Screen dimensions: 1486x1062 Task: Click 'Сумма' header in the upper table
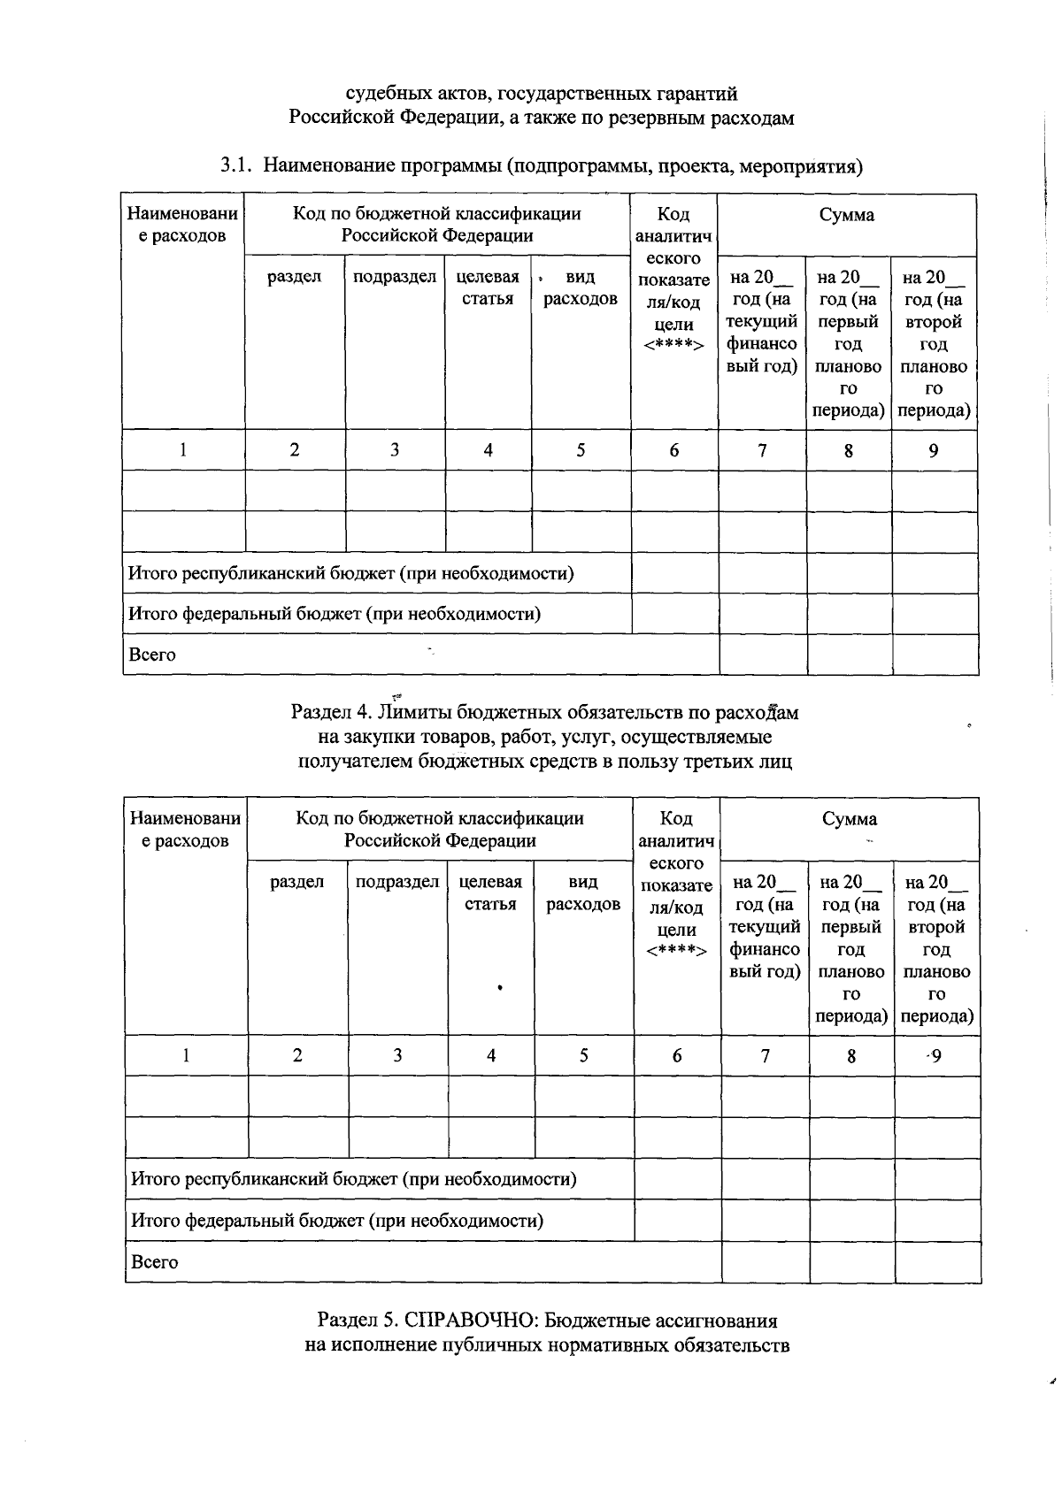point(846,215)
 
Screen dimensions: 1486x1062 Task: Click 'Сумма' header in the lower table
point(849,819)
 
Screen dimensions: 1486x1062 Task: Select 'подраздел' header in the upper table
point(395,277)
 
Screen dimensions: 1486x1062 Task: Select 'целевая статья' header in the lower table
point(490,892)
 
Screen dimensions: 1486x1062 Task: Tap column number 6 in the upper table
point(674,450)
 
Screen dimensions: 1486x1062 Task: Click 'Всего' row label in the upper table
point(152,655)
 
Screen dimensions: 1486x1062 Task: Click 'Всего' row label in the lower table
point(155,1262)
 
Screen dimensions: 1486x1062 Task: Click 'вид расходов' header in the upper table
point(580,287)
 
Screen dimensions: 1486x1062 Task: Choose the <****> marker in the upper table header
point(673,346)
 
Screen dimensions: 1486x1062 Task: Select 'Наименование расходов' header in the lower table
point(186,830)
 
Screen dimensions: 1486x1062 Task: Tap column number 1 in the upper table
point(183,450)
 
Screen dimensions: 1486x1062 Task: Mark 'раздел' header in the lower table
point(297,882)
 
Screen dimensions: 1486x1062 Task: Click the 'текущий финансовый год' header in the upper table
point(761,322)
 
